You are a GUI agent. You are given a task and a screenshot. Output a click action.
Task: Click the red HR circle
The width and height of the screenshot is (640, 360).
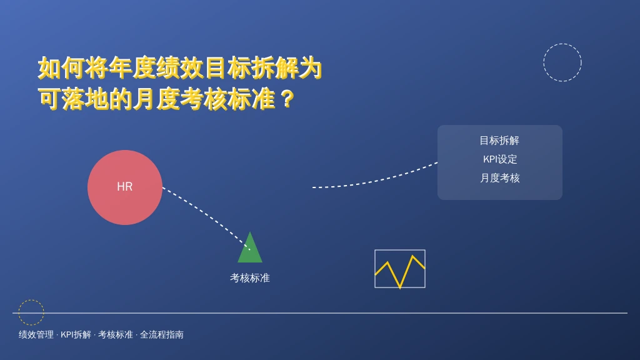(125, 187)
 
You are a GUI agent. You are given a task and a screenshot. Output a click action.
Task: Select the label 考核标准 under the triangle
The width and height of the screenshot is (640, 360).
(250, 278)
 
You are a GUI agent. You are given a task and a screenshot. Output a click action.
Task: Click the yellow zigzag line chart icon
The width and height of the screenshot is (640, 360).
(400, 269)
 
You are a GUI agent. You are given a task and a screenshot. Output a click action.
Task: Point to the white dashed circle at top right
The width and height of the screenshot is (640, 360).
(562, 44)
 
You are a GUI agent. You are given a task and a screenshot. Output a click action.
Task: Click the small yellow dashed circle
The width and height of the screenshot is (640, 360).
(31, 300)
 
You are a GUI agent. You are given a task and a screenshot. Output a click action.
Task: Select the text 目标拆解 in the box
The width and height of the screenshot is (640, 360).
(499, 141)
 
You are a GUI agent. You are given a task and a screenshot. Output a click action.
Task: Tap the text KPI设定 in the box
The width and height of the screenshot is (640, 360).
(500, 159)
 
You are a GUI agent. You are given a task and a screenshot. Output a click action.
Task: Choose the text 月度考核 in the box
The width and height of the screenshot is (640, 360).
(499, 178)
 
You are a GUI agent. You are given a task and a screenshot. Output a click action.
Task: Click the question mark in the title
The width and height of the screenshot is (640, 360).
(287, 99)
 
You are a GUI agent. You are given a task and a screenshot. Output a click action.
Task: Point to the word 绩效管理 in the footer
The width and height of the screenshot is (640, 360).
(36, 335)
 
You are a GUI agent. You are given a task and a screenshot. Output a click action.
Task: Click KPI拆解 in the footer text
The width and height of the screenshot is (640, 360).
(76, 335)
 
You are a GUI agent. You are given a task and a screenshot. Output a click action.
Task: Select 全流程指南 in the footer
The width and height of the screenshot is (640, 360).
(162, 335)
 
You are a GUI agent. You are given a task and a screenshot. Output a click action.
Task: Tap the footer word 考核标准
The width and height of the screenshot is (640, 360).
(116, 335)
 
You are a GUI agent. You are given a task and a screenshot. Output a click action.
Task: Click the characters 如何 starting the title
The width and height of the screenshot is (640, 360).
(61, 67)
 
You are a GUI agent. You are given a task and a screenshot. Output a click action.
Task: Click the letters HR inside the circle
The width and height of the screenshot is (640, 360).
(125, 186)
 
